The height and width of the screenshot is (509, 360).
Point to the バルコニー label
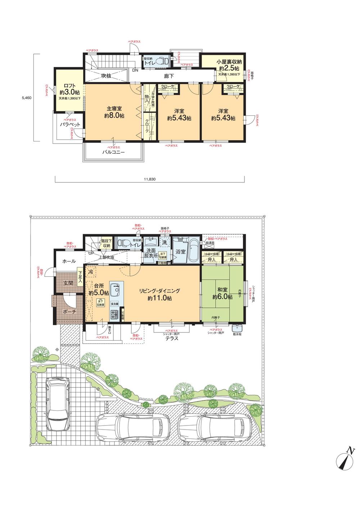point(113,152)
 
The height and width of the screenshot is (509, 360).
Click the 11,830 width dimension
point(149,178)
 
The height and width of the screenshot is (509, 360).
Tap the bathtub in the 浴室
point(194,249)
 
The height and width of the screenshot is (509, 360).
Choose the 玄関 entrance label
point(68,283)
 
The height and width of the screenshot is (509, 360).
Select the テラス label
point(172,338)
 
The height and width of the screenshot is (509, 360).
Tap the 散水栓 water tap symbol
point(238,329)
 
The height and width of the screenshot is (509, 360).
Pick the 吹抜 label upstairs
point(106,76)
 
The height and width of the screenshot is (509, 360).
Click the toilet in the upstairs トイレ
point(165,62)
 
